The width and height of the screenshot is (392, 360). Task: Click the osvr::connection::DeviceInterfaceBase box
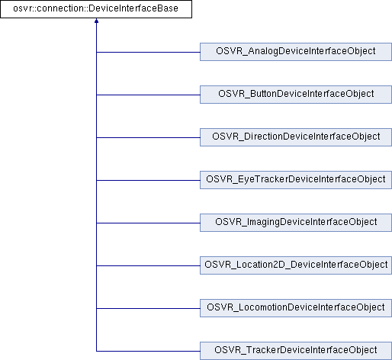(96, 9)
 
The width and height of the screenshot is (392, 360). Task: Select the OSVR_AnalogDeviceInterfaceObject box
(296, 52)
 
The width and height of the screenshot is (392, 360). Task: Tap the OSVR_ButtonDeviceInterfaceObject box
(296, 95)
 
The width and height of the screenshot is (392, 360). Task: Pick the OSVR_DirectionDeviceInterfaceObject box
(296, 137)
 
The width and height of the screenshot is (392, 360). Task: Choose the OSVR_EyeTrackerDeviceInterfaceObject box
(296, 180)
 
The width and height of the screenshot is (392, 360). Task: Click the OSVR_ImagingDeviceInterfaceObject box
(296, 223)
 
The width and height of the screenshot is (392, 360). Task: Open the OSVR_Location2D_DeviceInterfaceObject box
(296, 265)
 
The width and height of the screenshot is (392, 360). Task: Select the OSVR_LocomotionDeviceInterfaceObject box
(296, 308)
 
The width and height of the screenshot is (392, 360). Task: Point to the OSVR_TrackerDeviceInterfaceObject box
(296, 351)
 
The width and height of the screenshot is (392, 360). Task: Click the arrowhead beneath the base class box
(96, 21)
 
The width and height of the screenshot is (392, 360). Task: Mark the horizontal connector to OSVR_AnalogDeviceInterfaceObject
(148, 53)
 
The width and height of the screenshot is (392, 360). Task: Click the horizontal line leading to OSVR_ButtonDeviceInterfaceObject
(148, 95)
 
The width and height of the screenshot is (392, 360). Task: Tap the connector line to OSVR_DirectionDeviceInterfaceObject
(148, 138)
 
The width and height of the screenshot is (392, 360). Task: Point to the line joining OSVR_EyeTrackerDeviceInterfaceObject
(148, 181)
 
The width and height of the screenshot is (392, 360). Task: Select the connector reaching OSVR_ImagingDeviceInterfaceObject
(148, 223)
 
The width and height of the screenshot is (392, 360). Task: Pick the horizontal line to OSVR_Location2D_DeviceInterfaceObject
(148, 266)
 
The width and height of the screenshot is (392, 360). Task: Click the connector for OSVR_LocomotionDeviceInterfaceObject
(148, 309)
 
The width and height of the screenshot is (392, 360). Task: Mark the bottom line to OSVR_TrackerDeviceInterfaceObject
(148, 352)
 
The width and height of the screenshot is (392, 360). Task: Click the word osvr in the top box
(21, 9)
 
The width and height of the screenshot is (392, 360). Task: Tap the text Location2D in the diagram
(262, 265)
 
